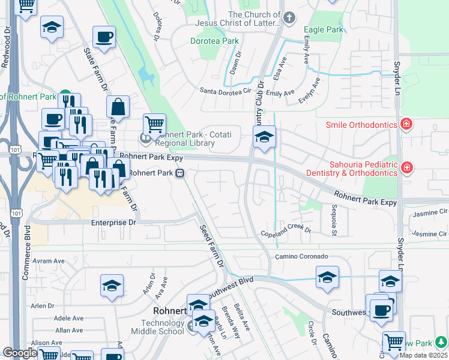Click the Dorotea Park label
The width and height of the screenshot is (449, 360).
click(214, 41)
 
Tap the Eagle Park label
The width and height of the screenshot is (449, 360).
click(324, 29)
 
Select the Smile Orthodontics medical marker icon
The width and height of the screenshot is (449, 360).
click(406, 125)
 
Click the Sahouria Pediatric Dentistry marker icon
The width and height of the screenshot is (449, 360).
click(406, 167)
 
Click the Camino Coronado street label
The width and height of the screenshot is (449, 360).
click(301, 256)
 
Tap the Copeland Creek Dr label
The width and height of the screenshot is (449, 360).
click(286, 231)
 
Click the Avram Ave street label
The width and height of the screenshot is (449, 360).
click(48, 261)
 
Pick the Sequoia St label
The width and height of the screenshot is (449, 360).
click(335, 212)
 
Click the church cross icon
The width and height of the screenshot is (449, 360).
click(289, 17)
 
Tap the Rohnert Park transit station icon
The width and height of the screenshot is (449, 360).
click(179, 173)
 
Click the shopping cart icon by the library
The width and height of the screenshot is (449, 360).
click(154, 124)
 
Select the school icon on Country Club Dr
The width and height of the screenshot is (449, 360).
click(264, 137)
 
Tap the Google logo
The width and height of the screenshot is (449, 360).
click(20, 353)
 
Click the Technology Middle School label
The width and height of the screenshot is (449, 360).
click(154, 327)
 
